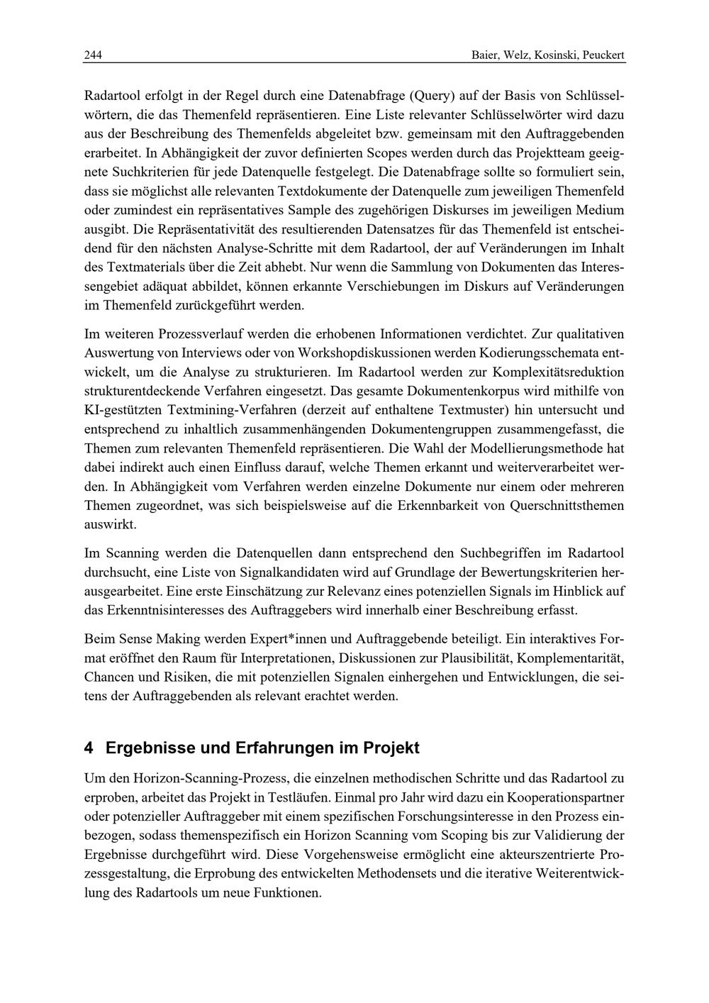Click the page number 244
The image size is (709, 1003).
pyautogui.click(x=93, y=55)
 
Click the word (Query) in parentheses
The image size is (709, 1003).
pyautogui.click(x=430, y=94)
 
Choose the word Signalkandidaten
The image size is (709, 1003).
pyautogui.click(x=330, y=572)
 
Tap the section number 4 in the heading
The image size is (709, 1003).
pyautogui.click(x=89, y=748)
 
